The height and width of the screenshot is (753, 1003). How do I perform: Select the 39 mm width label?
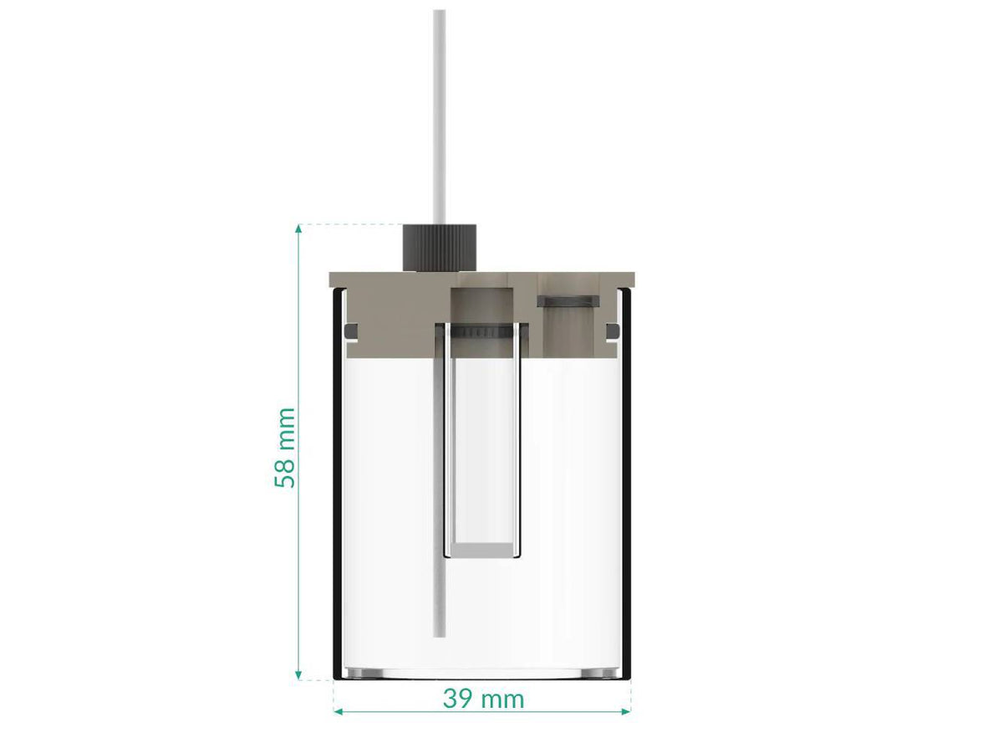[x=483, y=699]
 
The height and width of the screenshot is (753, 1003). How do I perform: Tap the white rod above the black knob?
[x=440, y=117]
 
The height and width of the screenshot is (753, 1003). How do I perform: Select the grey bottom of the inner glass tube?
[x=481, y=550]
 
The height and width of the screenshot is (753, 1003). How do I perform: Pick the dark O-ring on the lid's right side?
[x=614, y=333]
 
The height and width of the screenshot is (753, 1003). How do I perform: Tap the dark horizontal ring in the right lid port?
[x=568, y=300]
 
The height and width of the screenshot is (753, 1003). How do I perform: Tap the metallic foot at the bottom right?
[x=598, y=673]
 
